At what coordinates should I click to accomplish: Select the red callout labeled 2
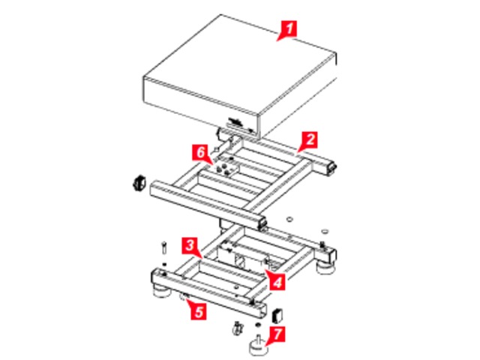pyautogui.click(x=310, y=139)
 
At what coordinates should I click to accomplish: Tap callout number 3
pyautogui.click(x=190, y=245)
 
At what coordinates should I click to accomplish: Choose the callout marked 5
pyautogui.click(x=199, y=312)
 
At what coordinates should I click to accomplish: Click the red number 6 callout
pyautogui.click(x=200, y=152)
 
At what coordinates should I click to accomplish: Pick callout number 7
pyautogui.click(x=277, y=334)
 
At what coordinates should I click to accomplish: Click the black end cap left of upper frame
pyautogui.click(x=139, y=183)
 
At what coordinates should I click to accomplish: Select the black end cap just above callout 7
pyautogui.click(x=277, y=316)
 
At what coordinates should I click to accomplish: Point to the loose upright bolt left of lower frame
pyautogui.click(x=164, y=247)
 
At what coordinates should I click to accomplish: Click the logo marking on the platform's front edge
pyautogui.click(x=236, y=121)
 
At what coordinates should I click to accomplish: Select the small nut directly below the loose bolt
pyautogui.click(x=165, y=264)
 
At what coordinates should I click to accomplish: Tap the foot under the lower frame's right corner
pyautogui.click(x=325, y=268)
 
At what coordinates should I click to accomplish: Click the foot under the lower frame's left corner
pyautogui.click(x=162, y=291)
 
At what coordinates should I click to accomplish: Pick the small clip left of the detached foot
pyautogui.click(x=237, y=328)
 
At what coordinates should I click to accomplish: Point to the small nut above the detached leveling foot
pyautogui.click(x=258, y=325)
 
